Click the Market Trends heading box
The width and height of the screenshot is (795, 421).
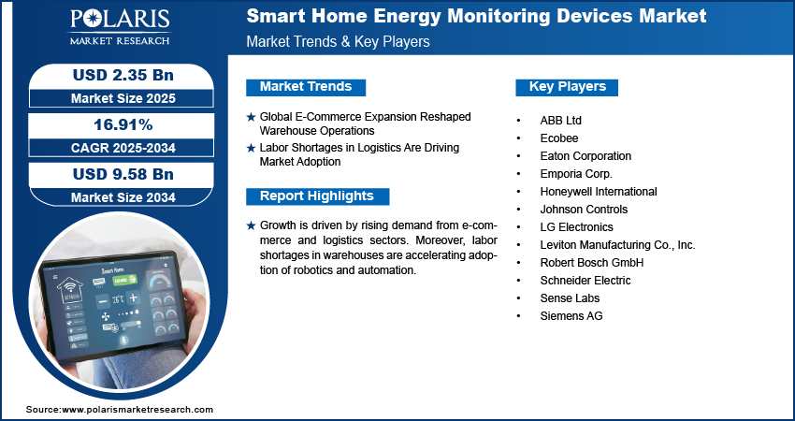pyautogui.click(x=306, y=87)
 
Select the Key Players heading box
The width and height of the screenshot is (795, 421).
pyautogui.click(x=567, y=87)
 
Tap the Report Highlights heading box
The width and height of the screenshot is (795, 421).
pyautogui.click(x=317, y=196)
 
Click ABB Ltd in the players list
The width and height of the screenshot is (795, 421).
pyautogui.click(x=560, y=121)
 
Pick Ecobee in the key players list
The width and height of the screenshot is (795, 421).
pyautogui.click(x=558, y=138)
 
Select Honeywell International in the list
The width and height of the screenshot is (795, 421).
pyautogui.click(x=598, y=192)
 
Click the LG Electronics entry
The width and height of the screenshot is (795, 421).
pyautogui.click(x=576, y=227)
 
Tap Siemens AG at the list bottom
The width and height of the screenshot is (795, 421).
pyautogui.click(x=571, y=316)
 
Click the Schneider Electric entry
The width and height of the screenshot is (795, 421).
pyautogui.click(x=585, y=281)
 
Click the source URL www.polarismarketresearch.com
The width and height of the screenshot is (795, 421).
pyautogui.click(x=137, y=410)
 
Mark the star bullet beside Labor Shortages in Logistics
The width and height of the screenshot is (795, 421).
pyautogui.click(x=251, y=148)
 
